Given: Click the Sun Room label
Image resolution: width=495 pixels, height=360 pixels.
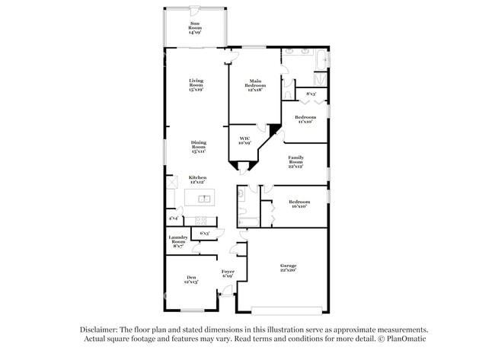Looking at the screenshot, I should [x=196, y=28].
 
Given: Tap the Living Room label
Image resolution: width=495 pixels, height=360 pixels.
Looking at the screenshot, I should [x=196, y=84].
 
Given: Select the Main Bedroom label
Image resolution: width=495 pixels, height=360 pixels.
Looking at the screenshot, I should [x=254, y=85].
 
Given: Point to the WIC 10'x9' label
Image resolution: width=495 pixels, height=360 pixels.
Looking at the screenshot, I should [x=244, y=140].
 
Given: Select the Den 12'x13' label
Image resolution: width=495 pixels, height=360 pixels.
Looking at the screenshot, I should [x=190, y=279].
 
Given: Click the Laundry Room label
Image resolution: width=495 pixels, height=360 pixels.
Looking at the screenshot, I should [x=177, y=241].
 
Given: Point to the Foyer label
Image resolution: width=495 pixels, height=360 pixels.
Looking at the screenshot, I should [x=228, y=273].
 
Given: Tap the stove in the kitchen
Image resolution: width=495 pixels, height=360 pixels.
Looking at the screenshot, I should [x=206, y=221].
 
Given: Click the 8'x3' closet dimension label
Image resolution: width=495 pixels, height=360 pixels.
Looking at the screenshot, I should [x=311, y=94].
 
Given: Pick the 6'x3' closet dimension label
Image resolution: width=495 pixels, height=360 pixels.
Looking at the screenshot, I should [x=204, y=233].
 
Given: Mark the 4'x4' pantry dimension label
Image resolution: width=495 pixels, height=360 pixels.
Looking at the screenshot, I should [x=174, y=218].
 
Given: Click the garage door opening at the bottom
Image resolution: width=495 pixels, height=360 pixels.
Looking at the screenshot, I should [x=283, y=310].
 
